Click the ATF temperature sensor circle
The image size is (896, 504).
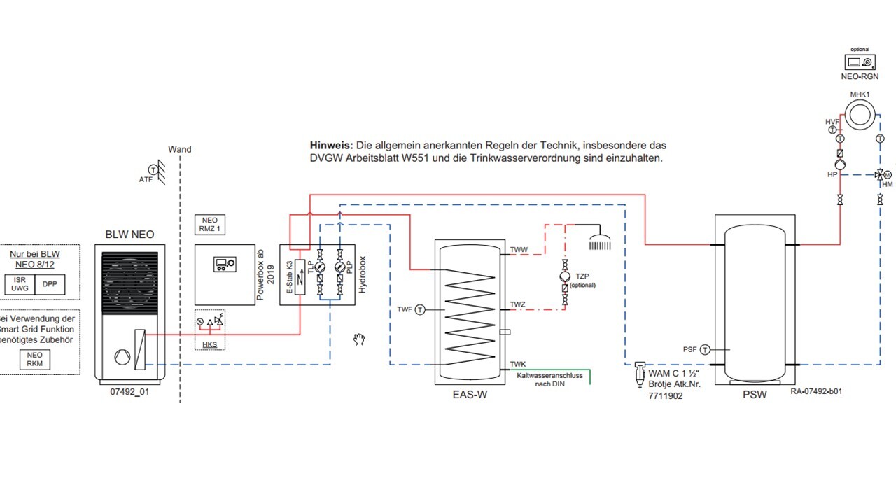(152, 169)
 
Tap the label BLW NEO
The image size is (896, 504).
(129, 234)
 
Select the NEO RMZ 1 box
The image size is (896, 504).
(210, 224)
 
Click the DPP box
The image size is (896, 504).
(50, 284)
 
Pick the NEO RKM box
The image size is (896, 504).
(35, 360)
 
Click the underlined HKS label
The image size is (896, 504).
(210, 344)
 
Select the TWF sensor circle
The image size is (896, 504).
(420, 309)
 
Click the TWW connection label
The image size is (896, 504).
(519, 250)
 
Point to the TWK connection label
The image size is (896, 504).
(518, 364)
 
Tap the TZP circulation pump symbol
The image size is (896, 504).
(565, 275)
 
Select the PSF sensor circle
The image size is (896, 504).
(705, 349)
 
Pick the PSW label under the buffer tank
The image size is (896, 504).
(755, 395)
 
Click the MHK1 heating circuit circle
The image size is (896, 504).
(859, 114)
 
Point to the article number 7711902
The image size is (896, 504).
(666, 395)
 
